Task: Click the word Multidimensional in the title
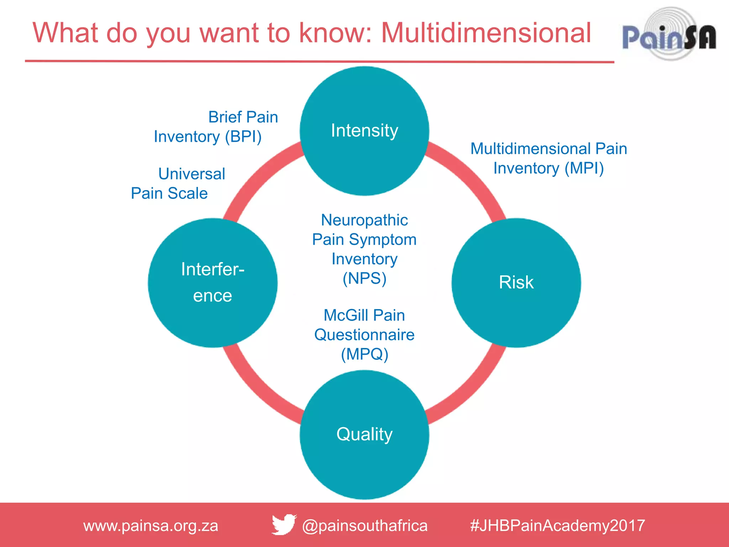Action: coord(486,33)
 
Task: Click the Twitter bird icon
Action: coord(284,525)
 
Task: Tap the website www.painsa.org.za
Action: coord(151,526)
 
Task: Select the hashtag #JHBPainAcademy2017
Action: coord(557,526)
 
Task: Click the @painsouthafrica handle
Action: coord(364,526)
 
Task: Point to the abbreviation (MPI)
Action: coord(584,168)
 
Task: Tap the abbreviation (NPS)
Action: coord(364,278)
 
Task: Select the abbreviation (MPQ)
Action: coord(364,354)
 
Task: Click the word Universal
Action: coord(192,174)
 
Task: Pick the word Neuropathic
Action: coord(364,220)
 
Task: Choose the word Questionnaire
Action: coord(364,335)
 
